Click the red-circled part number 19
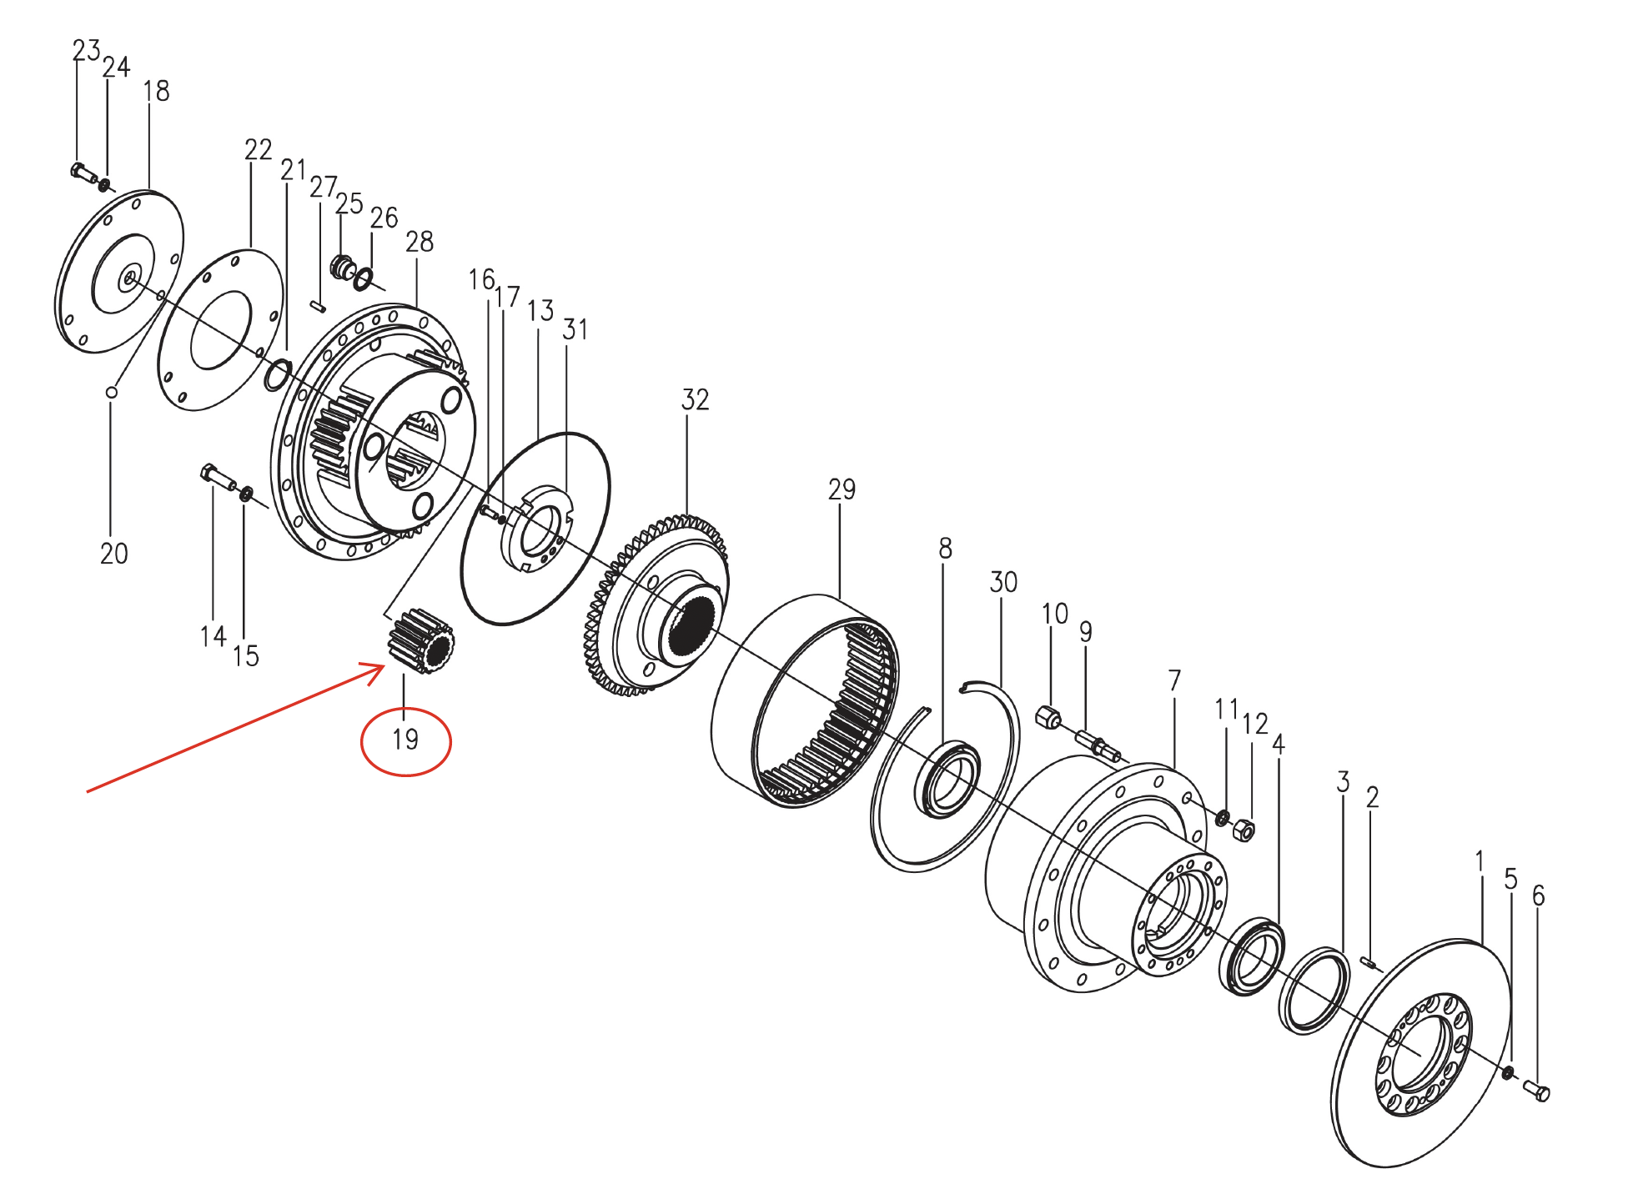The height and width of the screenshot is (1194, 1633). click(x=405, y=740)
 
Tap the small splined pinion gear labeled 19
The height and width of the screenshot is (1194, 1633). click(x=420, y=640)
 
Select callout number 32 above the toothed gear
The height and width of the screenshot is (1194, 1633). click(x=695, y=400)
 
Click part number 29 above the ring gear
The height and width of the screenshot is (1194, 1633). click(x=842, y=489)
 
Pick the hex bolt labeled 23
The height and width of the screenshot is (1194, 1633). click(x=83, y=173)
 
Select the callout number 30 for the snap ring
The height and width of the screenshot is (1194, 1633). click(x=1003, y=582)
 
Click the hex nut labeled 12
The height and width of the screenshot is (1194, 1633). click(x=1244, y=830)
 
